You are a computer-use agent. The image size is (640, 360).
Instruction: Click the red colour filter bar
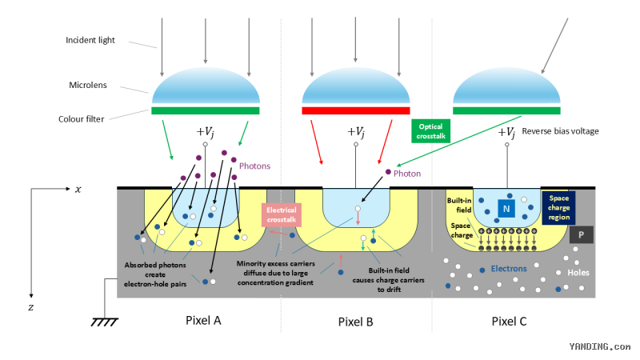pos(355,110)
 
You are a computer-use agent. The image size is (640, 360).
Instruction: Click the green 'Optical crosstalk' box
pos(430,131)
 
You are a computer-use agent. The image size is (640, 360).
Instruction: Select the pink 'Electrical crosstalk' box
pos(282,214)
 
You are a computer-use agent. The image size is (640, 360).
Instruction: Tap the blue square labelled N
pos(506,209)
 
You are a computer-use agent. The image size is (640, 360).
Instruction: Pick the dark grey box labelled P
pos(581,234)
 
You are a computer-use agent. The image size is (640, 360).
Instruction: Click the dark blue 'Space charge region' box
pos(558,208)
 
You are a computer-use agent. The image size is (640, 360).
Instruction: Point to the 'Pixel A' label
pos(203,321)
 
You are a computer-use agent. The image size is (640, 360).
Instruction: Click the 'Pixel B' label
pos(355,322)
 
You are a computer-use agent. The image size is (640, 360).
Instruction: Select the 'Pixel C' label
pos(509,322)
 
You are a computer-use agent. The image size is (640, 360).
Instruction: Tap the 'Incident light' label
pos(90,40)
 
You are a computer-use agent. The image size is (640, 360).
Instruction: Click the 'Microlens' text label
pos(88,85)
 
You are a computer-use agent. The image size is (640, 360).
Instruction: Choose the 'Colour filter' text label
pos(82,119)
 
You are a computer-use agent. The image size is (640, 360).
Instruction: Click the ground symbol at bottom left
pos(105,322)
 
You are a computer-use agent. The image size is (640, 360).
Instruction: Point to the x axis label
pos(78,189)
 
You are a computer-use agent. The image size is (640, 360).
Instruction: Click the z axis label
pos(31,307)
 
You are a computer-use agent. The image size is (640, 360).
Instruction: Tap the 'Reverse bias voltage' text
pos(560,131)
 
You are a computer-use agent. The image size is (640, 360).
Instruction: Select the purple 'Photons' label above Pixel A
pos(254,166)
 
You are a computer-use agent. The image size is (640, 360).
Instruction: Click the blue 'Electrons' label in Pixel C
pos(509,269)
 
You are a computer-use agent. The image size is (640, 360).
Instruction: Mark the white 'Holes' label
pos(578,273)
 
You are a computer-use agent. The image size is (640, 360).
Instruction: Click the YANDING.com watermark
pos(599,346)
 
